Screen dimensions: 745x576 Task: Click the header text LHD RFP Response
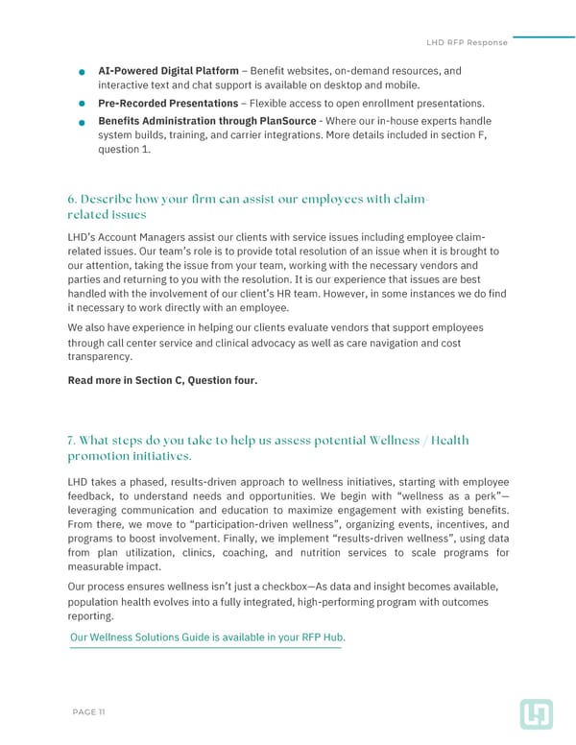click(466, 42)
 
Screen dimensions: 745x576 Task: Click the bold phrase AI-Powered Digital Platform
click(168, 71)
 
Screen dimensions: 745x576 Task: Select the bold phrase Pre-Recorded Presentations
click(168, 103)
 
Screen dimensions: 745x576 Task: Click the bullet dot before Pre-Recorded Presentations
click(84, 104)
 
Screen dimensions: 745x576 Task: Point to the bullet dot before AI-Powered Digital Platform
click(84, 72)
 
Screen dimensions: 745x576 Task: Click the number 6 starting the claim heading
click(72, 199)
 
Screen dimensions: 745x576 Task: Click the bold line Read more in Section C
click(162, 380)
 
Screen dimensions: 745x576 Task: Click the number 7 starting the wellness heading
click(72, 440)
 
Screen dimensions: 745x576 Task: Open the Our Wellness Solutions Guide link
click(207, 637)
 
